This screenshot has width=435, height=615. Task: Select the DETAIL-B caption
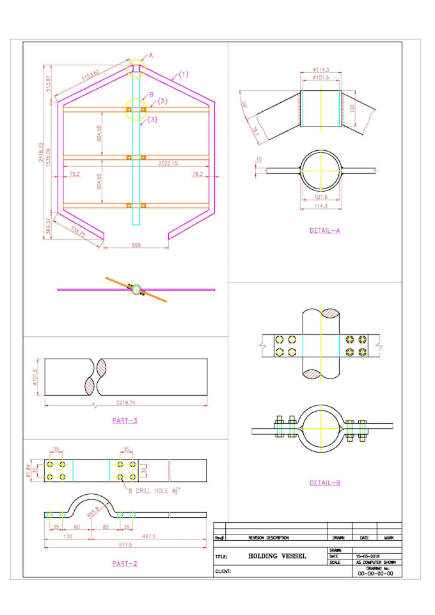click(x=324, y=482)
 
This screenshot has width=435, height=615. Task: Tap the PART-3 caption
click(x=124, y=420)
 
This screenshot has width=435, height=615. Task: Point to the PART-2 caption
click(x=124, y=563)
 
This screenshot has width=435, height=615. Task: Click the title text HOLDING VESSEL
click(x=277, y=556)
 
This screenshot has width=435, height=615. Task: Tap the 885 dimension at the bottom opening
click(x=136, y=245)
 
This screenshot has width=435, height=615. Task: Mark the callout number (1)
click(x=183, y=74)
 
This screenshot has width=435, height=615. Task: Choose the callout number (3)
click(x=153, y=120)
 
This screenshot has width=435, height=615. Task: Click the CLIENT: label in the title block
click(x=223, y=571)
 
